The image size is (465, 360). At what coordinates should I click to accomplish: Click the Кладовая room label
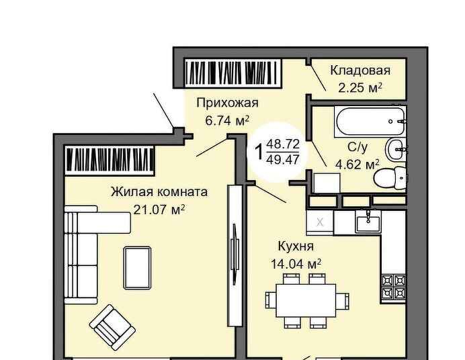pyautogui.click(x=360, y=71)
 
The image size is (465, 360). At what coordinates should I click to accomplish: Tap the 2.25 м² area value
pyautogui.click(x=360, y=88)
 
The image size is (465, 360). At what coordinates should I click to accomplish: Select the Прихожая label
pyautogui.click(x=227, y=103)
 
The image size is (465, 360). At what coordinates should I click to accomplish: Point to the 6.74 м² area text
pyautogui.click(x=227, y=121)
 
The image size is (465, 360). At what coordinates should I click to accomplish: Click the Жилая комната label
pyautogui.click(x=159, y=192)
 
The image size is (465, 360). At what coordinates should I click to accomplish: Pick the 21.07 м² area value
pyautogui.click(x=159, y=210)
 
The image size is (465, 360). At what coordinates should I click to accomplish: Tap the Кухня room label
pyautogui.click(x=296, y=246)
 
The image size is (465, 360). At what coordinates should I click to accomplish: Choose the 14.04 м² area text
pyautogui.click(x=296, y=264)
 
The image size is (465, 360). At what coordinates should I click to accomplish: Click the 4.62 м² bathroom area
pyautogui.click(x=357, y=165)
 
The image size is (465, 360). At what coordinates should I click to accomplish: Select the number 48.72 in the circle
pyautogui.click(x=283, y=144)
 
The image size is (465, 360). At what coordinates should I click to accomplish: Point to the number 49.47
pyautogui.click(x=283, y=160)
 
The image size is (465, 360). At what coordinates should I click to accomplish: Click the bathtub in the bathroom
pyautogui.click(x=370, y=122)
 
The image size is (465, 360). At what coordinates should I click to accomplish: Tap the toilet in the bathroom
pyautogui.click(x=390, y=177)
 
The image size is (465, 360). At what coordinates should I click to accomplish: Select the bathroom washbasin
pyautogui.click(x=396, y=149)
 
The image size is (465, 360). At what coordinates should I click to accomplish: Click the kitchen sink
pyautogui.click(x=368, y=224)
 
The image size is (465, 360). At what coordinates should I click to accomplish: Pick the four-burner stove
pyautogui.click(x=393, y=287)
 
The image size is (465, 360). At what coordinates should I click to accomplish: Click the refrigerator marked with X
pyautogui.click(x=320, y=222)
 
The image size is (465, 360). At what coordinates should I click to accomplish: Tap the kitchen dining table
pyautogui.click(x=306, y=300)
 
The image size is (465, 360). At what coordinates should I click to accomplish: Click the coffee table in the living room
pyautogui.click(x=137, y=268)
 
